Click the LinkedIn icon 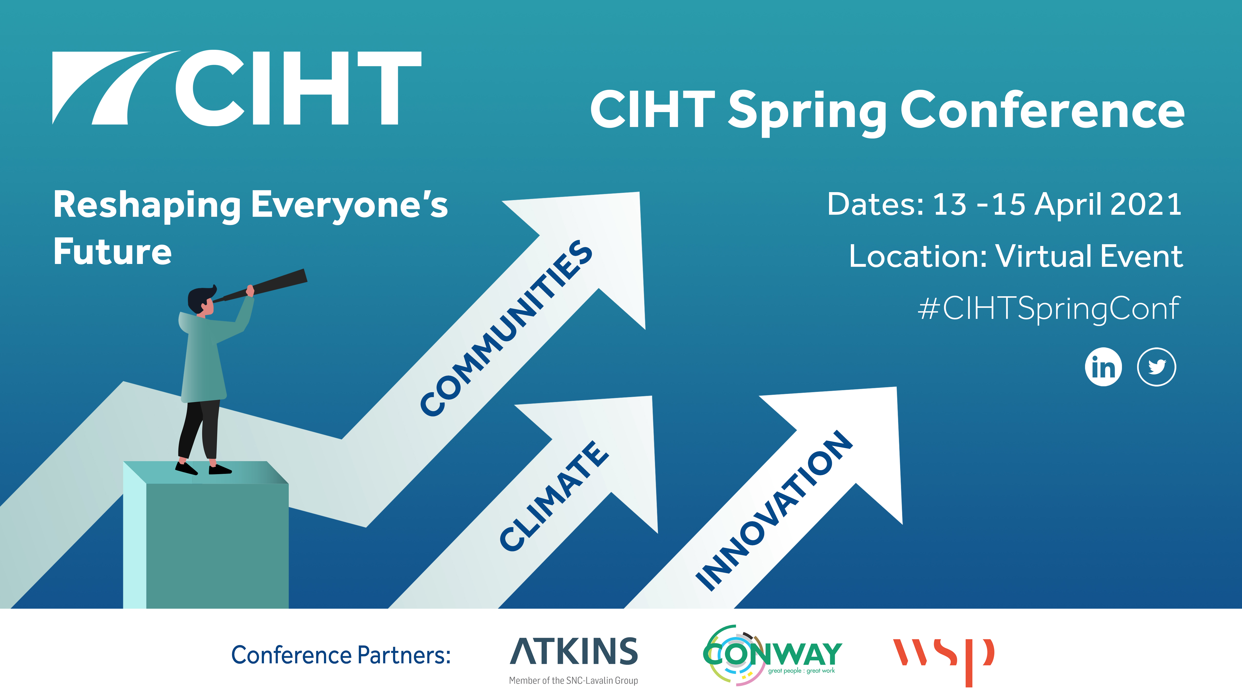pos(1103,367)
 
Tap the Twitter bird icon pos(1157,367)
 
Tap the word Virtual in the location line pos(1044,256)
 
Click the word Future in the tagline pos(112,252)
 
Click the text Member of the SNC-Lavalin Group pos(573,680)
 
